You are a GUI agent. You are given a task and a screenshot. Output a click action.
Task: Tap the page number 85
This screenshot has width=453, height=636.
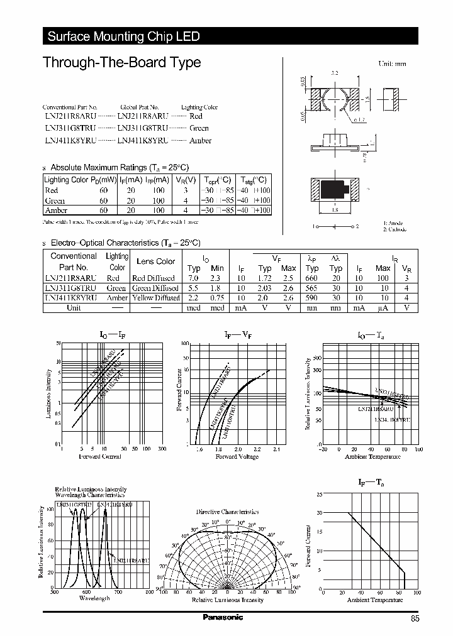(x=415, y=618)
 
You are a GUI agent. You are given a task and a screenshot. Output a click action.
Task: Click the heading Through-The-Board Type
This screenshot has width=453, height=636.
(x=121, y=63)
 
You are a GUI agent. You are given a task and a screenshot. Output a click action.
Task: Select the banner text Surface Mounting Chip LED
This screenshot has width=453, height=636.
(x=123, y=36)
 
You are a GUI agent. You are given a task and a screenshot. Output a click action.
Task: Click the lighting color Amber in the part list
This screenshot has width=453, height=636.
(x=200, y=141)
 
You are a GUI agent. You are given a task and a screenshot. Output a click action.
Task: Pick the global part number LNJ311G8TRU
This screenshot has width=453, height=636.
(x=142, y=128)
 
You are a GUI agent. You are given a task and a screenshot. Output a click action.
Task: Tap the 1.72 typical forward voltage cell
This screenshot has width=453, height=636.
(x=265, y=277)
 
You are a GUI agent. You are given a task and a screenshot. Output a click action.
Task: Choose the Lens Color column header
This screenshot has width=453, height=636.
(x=156, y=261)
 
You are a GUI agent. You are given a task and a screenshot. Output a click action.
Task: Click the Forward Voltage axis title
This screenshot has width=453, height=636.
(x=237, y=457)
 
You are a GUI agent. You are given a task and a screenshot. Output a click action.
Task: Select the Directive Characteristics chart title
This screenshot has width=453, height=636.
(x=227, y=512)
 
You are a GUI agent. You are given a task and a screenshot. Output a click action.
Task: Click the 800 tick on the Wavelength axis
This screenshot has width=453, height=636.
(x=149, y=591)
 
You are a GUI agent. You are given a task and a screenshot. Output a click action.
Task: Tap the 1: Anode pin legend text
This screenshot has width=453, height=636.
(x=393, y=224)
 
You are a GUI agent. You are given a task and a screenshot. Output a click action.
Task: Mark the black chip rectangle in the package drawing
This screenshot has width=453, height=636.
(x=332, y=188)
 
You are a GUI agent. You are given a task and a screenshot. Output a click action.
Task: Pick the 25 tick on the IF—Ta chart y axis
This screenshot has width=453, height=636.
(x=319, y=495)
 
